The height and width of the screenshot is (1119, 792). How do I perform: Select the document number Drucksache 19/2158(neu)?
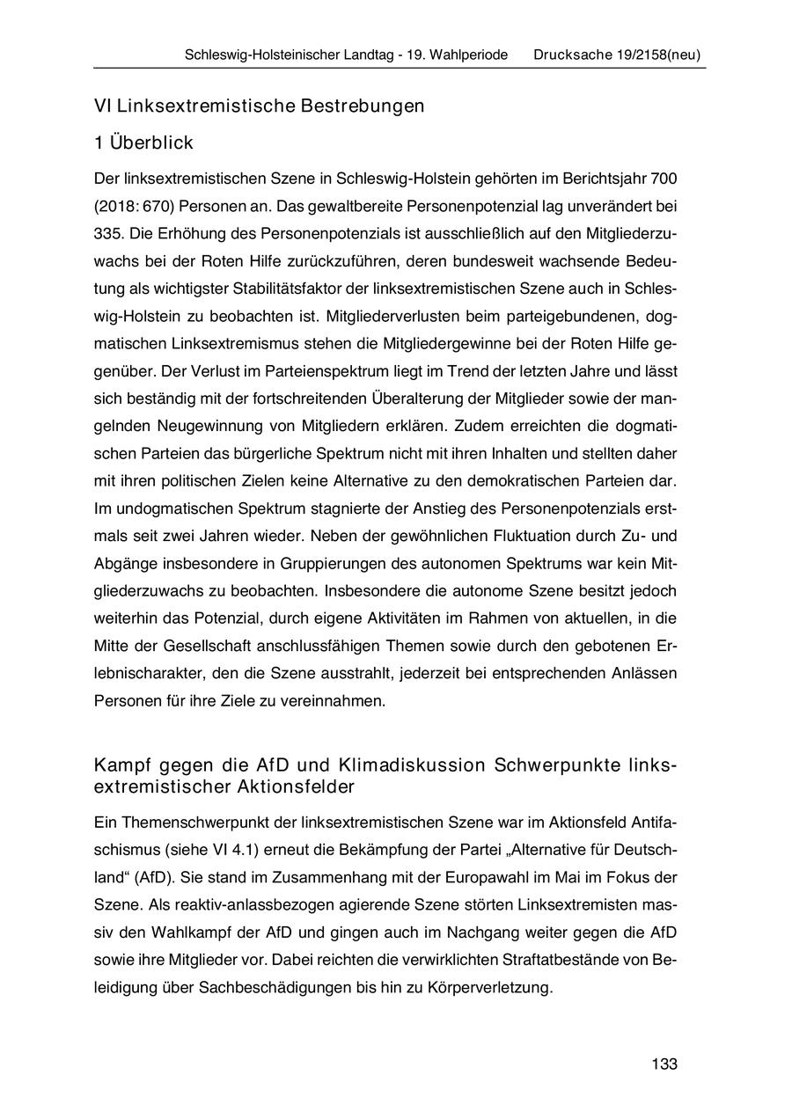(616, 55)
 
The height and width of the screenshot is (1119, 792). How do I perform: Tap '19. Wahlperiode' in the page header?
(456, 55)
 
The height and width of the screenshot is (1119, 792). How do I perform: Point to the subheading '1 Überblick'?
(143, 143)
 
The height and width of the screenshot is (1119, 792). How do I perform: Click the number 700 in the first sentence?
(664, 179)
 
